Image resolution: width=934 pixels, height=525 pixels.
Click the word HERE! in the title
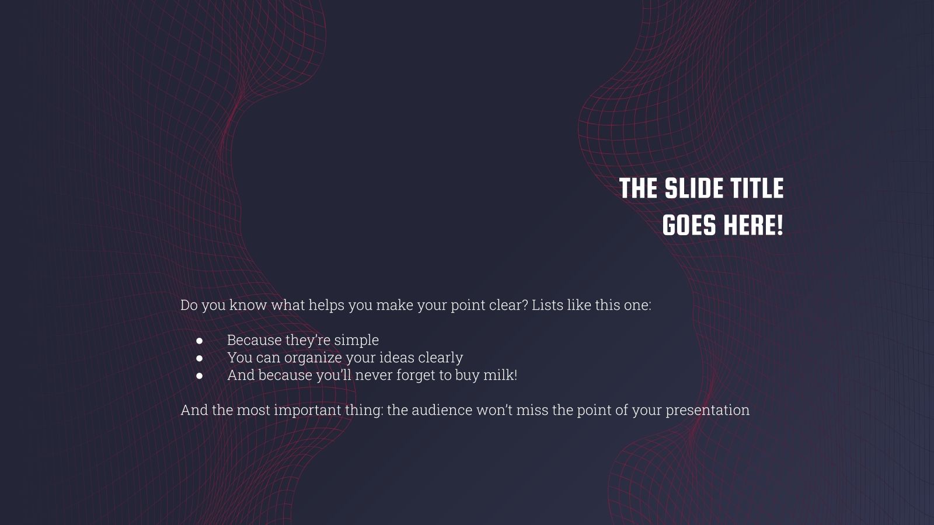753,225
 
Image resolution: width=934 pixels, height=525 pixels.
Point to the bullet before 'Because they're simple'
200,340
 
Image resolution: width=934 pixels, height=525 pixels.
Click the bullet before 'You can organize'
200,358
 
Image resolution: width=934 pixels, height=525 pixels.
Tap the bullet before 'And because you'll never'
200,375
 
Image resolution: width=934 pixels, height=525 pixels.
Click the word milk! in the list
500,374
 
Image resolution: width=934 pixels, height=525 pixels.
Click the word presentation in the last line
708,410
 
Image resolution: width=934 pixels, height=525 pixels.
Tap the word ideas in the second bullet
396,358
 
